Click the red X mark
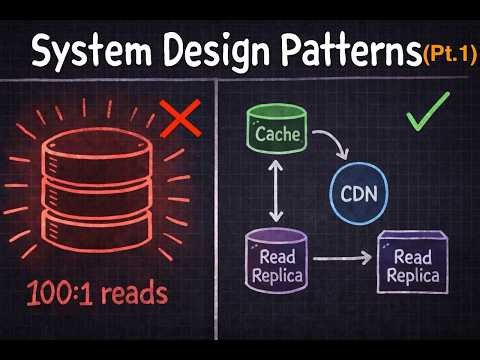pyautogui.click(x=177, y=121)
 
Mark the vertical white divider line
pyautogui.click(x=219, y=220)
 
